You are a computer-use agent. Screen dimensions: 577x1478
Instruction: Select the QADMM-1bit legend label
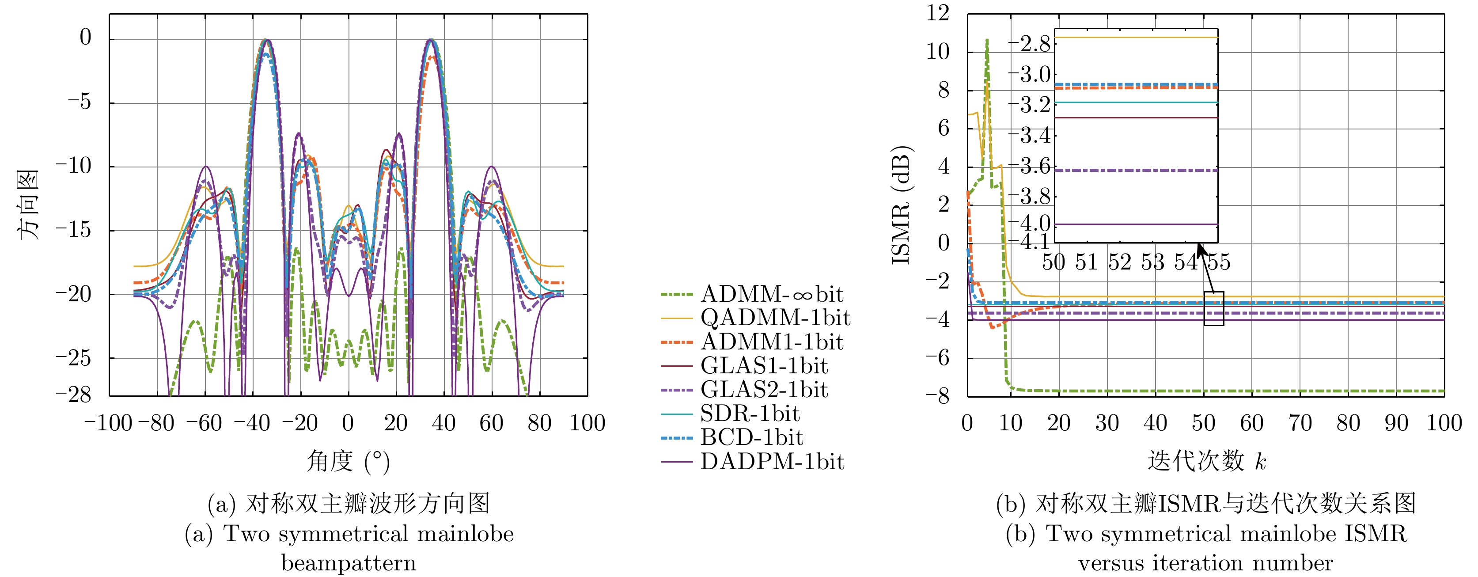click(775, 318)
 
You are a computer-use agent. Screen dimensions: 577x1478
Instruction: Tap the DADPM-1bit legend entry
click(772, 462)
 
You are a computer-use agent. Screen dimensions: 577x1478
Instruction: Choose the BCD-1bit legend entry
click(752, 437)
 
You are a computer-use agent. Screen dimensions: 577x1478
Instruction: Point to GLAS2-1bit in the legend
click(764, 390)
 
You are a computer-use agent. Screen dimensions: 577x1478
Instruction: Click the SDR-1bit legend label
click(750, 414)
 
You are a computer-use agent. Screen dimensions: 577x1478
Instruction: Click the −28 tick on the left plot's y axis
click(73, 395)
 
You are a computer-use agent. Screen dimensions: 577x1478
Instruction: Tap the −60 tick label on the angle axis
click(204, 424)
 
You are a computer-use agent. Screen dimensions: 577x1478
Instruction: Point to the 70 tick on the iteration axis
click(1300, 424)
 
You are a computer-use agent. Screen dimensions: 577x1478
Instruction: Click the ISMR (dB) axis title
click(902, 205)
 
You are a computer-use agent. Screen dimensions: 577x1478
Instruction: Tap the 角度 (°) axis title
click(348, 461)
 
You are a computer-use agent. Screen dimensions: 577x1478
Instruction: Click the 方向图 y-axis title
click(27, 205)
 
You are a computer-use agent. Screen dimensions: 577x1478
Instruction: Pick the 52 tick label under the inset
click(1119, 263)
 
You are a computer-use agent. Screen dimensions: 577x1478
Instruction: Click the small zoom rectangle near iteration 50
click(1213, 308)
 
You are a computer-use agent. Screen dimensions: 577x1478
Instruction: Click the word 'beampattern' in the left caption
click(349, 563)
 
